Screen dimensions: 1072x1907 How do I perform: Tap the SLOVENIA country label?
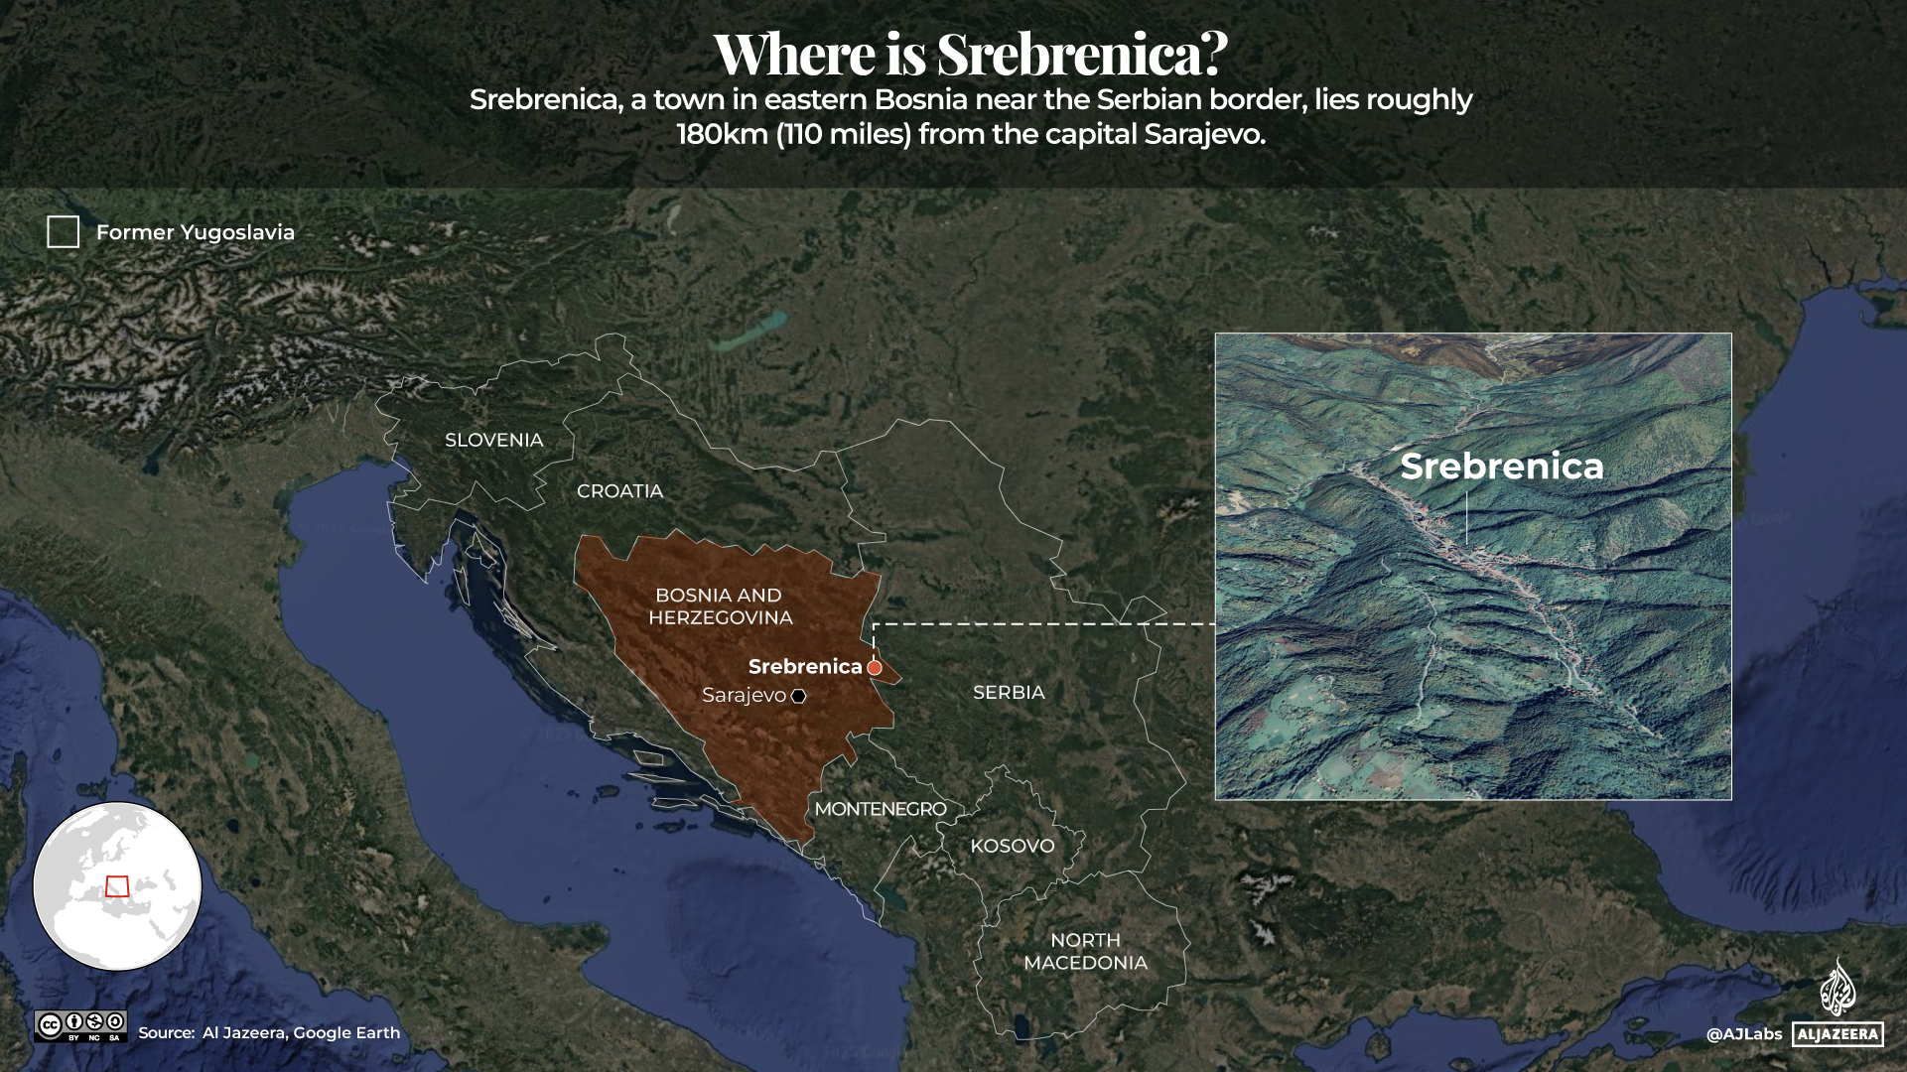[493, 440]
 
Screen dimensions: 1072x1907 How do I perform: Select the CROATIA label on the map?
[619, 490]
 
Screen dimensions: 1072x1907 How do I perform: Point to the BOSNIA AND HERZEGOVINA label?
[720, 606]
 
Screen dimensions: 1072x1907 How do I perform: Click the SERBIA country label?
[1009, 692]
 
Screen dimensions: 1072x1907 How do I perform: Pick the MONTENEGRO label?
[881, 809]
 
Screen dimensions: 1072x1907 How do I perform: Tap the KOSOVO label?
[1012, 846]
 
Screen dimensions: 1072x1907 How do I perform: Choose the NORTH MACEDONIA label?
[1085, 951]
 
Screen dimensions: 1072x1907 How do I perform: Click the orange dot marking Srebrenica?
[875, 668]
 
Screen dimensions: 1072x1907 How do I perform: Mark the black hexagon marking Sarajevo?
[799, 696]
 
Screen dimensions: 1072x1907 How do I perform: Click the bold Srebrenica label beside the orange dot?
[805, 666]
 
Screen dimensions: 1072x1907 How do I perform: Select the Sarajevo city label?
[744, 695]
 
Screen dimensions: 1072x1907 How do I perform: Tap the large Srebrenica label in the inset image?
[1501, 467]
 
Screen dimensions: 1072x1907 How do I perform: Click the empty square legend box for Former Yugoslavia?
[64, 232]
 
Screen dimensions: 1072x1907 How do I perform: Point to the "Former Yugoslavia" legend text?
[196, 232]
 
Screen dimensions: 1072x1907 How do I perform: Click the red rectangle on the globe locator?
[117, 886]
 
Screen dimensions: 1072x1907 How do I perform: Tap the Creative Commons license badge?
[80, 1026]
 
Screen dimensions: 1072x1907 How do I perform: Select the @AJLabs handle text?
[1744, 1034]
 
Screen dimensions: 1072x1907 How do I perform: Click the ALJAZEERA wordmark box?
[1838, 1034]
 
